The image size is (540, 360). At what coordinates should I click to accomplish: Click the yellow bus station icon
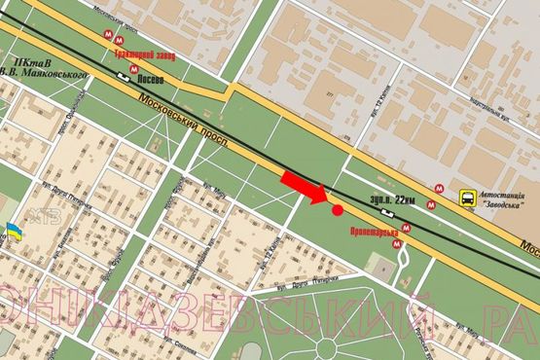(468, 199)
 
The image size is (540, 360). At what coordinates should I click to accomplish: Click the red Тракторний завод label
(145, 54)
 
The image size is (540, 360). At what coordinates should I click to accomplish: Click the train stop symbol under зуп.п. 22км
(388, 211)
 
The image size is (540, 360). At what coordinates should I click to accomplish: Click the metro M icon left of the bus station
(441, 193)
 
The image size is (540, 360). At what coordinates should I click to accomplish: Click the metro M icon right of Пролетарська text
(406, 229)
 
